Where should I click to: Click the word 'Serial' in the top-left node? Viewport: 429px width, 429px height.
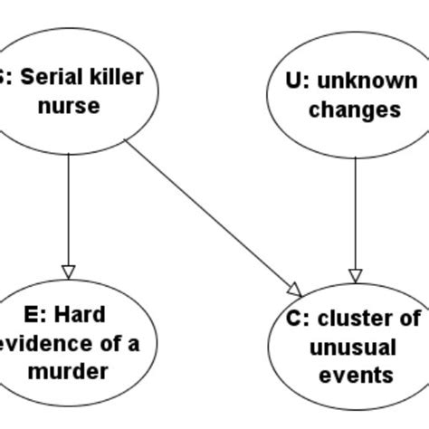(50, 77)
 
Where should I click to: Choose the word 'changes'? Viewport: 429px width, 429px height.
(354, 110)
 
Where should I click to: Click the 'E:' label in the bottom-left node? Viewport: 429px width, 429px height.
(33, 315)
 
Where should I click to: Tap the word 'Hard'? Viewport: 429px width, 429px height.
(81, 315)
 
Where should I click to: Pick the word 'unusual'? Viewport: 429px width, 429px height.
(353, 347)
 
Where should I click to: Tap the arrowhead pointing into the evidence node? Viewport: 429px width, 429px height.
(69, 272)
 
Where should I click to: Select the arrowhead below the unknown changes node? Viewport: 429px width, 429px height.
(355, 274)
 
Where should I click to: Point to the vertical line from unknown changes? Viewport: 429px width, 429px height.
(355, 213)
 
